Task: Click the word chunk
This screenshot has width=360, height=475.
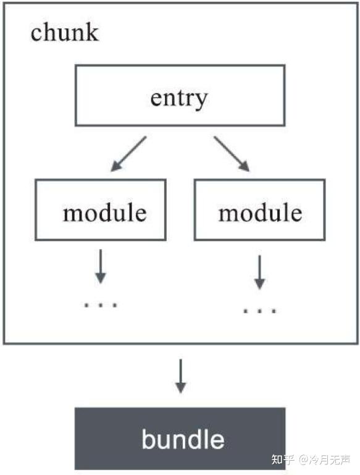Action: (x=64, y=32)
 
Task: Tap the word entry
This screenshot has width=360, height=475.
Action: (x=179, y=99)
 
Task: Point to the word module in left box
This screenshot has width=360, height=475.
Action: (x=105, y=212)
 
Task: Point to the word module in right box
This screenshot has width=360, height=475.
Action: (x=261, y=212)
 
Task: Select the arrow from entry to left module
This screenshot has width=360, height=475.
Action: (x=128, y=154)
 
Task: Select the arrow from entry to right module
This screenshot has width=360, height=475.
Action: (x=232, y=154)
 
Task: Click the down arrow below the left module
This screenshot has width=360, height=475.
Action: (x=101, y=266)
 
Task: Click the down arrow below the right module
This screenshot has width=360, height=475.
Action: (x=259, y=272)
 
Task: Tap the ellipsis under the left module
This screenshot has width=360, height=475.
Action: (x=101, y=305)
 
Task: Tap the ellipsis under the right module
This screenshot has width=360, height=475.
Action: (x=260, y=311)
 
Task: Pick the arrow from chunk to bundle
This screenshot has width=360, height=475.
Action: (x=181, y=376)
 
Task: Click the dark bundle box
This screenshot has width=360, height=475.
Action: (x=180, y=439)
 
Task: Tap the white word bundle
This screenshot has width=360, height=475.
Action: (x=183, y=439)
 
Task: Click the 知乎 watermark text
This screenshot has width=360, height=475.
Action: (x=283, y=460)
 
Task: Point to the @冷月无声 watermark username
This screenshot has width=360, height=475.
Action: (x=325, y=460)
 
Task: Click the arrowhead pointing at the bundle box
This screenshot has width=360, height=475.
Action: (x=181, y=387)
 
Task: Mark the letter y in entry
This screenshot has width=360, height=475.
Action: (x=201, y=101)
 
